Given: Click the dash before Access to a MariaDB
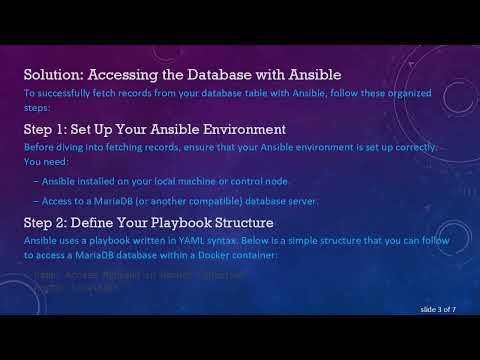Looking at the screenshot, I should tap(36, 201).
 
